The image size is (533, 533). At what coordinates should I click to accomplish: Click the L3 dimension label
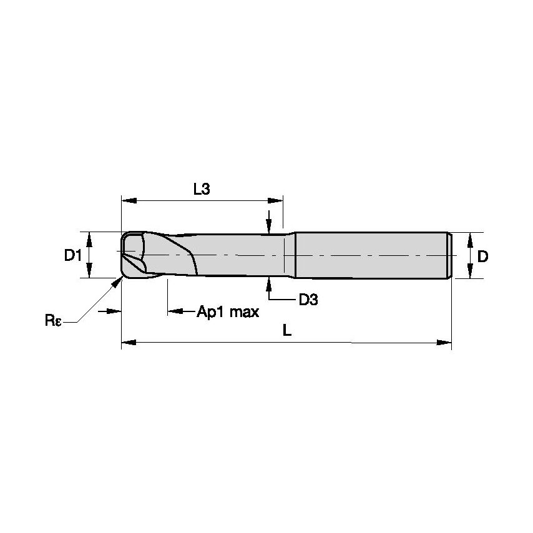[x=201, y=190]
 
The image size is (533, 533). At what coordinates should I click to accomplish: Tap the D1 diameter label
[x=73, y=255]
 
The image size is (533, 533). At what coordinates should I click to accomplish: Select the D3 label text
[x=308, y=300]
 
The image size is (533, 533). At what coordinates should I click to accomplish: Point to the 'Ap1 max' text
[x=228, y=311]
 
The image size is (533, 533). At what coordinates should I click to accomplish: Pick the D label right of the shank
[x=482, y=256]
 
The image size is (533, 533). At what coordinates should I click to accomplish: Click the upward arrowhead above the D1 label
[x=90, y=238]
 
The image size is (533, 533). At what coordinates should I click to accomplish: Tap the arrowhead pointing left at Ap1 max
[x=175, y=311]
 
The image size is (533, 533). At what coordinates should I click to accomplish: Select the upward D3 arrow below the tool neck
[x=268, y=283]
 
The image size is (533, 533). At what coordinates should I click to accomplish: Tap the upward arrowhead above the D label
[x=469, y=240]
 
